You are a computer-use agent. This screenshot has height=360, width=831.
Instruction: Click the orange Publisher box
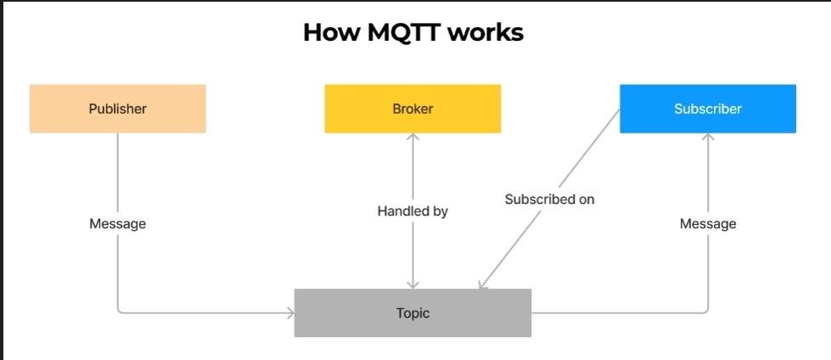point(118,109)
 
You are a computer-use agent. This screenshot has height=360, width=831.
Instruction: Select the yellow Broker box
point(413,109)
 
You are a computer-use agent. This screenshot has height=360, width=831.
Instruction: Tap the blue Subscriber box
point(708,109)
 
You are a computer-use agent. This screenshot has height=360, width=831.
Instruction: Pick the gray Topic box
point(413,312)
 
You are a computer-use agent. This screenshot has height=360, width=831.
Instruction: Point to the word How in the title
point(332,33)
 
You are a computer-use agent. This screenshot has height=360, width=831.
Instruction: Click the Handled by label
point(413,211)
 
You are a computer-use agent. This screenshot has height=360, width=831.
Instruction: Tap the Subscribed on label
point(549,200)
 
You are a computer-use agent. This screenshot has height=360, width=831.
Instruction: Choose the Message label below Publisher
point(118,224)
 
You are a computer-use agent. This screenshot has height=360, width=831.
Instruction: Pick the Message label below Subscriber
point(708,224)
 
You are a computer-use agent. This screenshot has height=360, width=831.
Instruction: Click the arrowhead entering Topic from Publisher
point(291,312)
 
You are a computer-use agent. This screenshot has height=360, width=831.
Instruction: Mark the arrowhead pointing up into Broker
point(413,136)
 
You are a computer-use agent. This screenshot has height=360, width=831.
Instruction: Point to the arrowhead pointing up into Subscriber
point(708,136)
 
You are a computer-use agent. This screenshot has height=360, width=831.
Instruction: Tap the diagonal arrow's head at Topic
point(481,285)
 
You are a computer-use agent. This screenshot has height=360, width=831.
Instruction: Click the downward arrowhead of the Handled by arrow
point(413,285)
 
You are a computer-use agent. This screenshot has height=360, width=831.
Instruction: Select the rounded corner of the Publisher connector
point(120,311)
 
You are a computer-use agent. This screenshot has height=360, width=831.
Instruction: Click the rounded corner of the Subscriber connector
point(706,311)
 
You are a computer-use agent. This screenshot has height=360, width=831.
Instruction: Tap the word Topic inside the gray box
point(413,313)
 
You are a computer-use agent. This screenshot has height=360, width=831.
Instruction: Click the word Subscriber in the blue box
point(708,109)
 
